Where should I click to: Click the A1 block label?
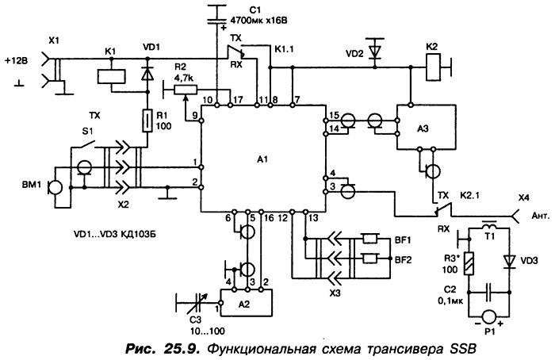(x=262, y=159)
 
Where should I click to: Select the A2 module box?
(x=247, y=303)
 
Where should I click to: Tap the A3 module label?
(x=423, y=128)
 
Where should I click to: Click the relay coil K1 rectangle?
(x=111, y=77)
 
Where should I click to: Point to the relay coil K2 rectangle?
(x=433, y=67)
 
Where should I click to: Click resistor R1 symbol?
(x=147, y=121)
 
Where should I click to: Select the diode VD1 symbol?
(x=147, y=74)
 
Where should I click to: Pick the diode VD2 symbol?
(x=375, y=52)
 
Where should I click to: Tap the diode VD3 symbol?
(x=510, y=262)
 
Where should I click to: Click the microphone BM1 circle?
(x=55, y=187)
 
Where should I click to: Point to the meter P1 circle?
(x=489, y=316)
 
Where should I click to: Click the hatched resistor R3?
(x=469, y=264)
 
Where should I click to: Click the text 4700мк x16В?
(x=258, y=20)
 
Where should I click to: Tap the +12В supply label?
(x=16, y=60)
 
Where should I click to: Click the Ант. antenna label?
(x=541, y=215)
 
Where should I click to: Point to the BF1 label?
(x=403, y=240)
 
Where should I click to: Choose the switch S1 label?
(x=87, y=132)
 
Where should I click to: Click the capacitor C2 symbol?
(x=489, y=292)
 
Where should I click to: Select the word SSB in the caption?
(x=462, y=349)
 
